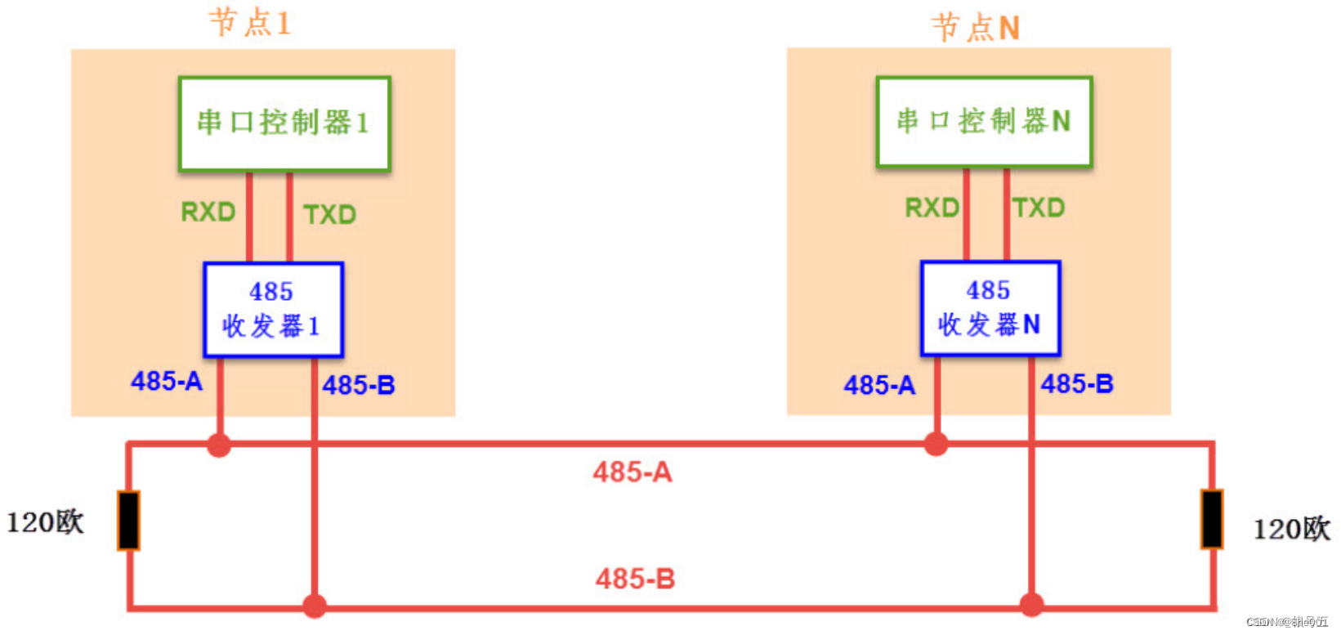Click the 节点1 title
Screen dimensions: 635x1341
(250, 22)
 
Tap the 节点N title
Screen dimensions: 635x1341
(976, 28)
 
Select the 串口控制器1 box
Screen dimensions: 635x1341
(284, 123)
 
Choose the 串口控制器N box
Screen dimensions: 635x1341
(984, 122)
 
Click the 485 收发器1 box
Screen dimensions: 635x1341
(273, 310)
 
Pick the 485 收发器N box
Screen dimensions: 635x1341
(990, 308)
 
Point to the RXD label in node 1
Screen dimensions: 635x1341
(208, 212)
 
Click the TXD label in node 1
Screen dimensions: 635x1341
(329, 214)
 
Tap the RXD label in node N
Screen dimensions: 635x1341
(932, 208)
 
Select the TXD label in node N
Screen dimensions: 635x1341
(1039, 208)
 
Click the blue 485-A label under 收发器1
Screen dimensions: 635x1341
(167, 381)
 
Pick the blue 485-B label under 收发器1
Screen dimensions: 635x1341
(359, 385)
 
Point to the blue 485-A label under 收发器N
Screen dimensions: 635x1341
(879, 385)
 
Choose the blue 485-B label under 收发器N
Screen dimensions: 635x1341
(1077, 383)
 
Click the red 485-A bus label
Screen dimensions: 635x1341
(633, 472)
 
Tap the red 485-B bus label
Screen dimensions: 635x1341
(635, 579)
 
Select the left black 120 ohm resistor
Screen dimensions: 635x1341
(129, 520)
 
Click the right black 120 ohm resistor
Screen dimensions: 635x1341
(1212, 519)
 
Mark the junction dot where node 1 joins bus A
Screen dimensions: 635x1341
(219, 445)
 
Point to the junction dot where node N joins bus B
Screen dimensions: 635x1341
(1032, 606)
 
